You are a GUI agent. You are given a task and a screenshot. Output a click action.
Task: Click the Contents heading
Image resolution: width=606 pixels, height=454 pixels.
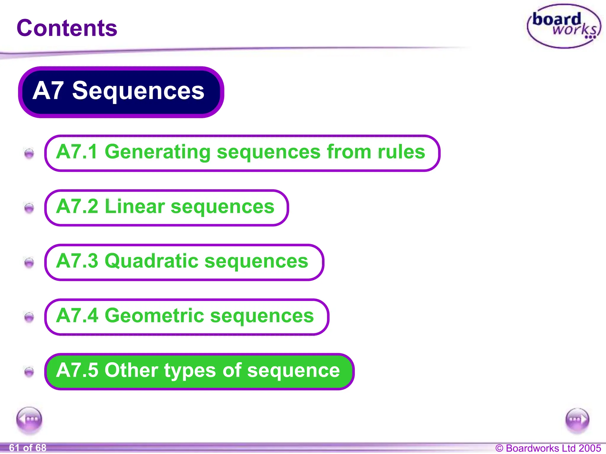pyautogui.click(x=67, y=28)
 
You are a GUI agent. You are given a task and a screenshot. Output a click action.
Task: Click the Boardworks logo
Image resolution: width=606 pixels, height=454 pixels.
pyautogui.click(x=563, y=26)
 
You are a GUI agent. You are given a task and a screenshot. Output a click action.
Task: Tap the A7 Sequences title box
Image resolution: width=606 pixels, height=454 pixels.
pyautogui.click(x=121, y=92)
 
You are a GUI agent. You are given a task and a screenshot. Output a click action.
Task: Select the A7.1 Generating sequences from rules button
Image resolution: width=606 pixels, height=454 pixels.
pyautogui.click(x=242, y=153)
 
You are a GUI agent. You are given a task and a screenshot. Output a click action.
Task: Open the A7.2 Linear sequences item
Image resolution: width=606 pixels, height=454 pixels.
pyautogui.click(x=166, y=208)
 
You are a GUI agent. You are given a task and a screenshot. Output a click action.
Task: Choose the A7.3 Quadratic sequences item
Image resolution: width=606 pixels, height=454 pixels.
pyautogui.click(x=184, y=262)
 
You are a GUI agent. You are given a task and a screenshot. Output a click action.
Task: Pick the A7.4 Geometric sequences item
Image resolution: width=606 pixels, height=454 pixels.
pyautogui.click(x=186, y=317)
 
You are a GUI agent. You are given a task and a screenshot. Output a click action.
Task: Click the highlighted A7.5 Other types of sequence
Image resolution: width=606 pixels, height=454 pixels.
pyautogui.click(x=199, y=372)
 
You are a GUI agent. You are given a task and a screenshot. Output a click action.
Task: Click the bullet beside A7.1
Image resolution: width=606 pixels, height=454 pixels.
pyautogui.click(x=29, y=153)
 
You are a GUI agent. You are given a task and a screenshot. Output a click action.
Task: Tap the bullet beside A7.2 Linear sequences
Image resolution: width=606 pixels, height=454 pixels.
pyautogui.click(x=29, y=208)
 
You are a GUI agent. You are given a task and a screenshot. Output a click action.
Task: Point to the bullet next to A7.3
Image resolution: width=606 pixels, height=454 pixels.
pyautogui.click(x=29, y=262)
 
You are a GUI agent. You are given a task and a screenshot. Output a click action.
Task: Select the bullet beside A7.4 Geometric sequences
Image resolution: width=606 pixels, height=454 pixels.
pyautogui.click(x=29, y=317)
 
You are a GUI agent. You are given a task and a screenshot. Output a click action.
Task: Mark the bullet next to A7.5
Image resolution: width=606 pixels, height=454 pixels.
pyautogui.click(x=29, y=372)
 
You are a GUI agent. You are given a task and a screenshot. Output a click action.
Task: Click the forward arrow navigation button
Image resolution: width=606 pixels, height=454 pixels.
pyautogui.click(x=577, y=420)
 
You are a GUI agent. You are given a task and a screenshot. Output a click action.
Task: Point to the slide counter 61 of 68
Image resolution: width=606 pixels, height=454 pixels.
pyautogui.click(x=28, y=448)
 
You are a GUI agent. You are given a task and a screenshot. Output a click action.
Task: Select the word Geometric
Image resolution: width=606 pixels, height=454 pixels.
pyautogui.click(x=154, y=316)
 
